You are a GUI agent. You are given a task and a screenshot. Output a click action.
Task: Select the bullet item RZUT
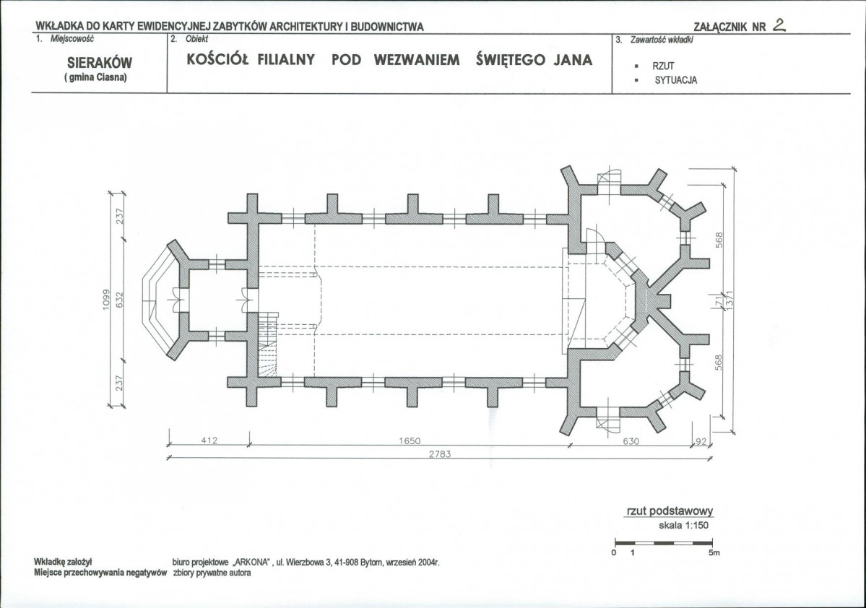663,66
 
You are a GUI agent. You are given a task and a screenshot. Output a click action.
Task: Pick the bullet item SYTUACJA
676,80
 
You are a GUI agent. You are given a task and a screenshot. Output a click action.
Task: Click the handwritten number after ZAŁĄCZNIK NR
779,25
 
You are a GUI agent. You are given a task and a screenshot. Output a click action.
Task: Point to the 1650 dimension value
410,440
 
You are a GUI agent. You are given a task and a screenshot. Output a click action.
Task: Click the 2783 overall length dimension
440,454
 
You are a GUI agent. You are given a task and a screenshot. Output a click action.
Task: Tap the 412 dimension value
209,440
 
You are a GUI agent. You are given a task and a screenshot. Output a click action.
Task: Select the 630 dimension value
631,441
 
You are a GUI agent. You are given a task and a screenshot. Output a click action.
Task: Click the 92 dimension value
701,441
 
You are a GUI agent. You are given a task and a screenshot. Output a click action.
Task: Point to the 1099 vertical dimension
107,299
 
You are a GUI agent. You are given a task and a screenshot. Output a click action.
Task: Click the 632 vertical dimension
119,299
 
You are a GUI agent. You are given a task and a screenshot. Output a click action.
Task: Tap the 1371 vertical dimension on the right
729,300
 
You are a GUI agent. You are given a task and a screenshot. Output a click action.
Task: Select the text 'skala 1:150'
683,525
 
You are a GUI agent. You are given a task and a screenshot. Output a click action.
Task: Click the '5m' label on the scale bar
714,552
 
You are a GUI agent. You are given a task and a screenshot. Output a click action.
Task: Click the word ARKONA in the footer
251,563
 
